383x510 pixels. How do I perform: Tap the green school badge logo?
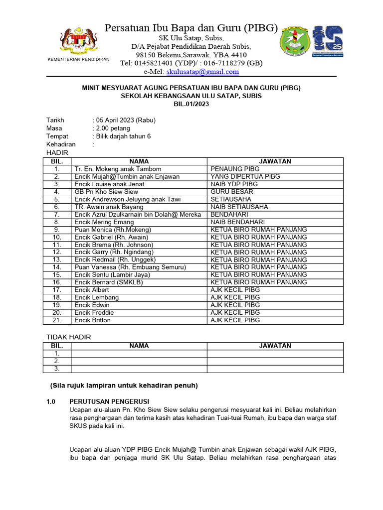pyautogui.click(x=294, y=41)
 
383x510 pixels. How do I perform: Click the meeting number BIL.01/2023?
pyautogui.click(x=191, y=104)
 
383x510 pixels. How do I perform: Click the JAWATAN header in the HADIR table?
pyautogui.click(x=275, y=161)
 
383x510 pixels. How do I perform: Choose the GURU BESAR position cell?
pyautogui.click(x=231, y=192)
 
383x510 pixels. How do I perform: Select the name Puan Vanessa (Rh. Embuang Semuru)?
pyautogui.click(x=130, y=267)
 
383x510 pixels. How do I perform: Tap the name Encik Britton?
pyautogui.click(x=92, y=320)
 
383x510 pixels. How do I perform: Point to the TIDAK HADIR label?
pyautogui.click(x=69, y=337)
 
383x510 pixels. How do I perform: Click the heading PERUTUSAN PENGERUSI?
pyautogui.click(x=109, y=401)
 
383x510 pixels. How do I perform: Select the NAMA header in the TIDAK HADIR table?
pyautogui.click(x=139, y=346)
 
